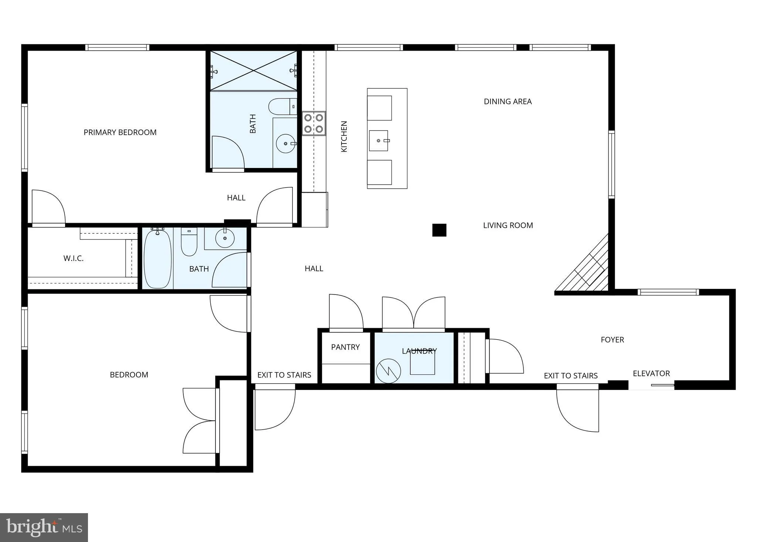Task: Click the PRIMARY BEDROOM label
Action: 120,132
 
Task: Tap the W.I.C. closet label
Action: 73,258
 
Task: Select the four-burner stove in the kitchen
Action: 313,123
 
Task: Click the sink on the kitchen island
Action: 378,141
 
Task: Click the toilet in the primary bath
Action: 282,106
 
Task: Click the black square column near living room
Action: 439,230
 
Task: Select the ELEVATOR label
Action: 651,373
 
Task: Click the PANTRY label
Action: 345,347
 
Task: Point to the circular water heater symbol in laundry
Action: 388,371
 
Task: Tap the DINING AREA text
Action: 508,101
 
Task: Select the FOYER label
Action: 612,339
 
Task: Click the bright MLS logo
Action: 44,528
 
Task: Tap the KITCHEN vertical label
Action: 344,136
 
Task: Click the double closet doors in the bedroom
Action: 200,421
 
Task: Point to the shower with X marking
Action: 254,70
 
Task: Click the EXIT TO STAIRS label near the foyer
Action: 570,376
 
